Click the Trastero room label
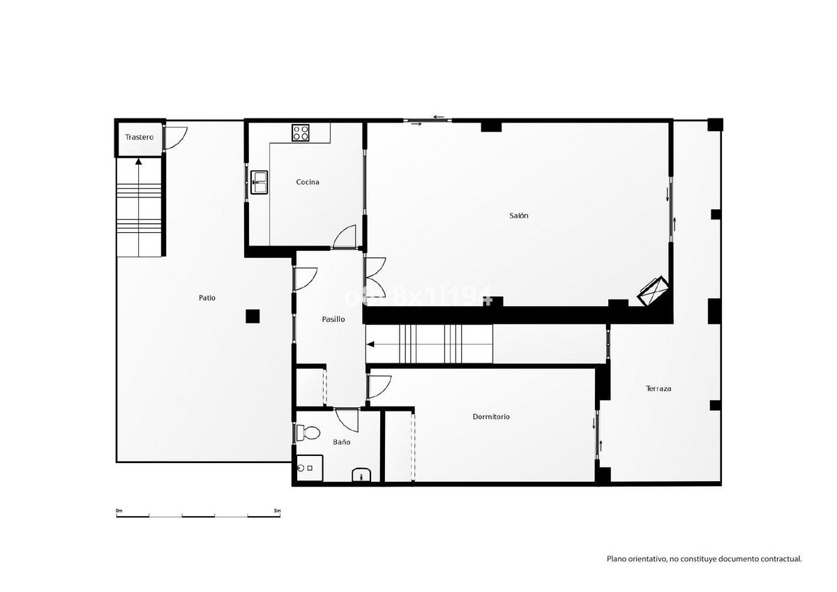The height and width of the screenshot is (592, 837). tap(139, 137)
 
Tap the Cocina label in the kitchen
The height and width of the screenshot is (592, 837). tap(308, 182)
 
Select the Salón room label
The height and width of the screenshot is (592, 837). tap(518, 215)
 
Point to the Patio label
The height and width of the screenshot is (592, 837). tap(206, 298)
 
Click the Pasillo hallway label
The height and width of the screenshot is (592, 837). tap(333, 319)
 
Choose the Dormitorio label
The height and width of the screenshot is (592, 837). tap(491, 416)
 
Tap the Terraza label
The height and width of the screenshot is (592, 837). tap(658, 388)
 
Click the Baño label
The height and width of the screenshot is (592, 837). tap(341, 442)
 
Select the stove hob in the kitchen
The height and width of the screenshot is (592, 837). tap(301, 132)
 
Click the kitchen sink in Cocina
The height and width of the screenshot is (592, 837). tap(259, 182)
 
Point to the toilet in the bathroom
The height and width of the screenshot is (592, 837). tap(307, 433)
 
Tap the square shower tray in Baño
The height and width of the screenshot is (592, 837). tap(309, 468)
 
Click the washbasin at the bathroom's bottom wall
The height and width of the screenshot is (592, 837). tap(361, 476)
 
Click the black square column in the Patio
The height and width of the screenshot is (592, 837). tap(252, 316)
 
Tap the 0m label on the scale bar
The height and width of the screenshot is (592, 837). tap(119, 511)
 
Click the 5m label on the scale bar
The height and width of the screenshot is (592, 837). tap(277, 511)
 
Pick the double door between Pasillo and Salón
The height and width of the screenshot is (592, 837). tap(375, 277)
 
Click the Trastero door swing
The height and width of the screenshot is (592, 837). tap(175, 137)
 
